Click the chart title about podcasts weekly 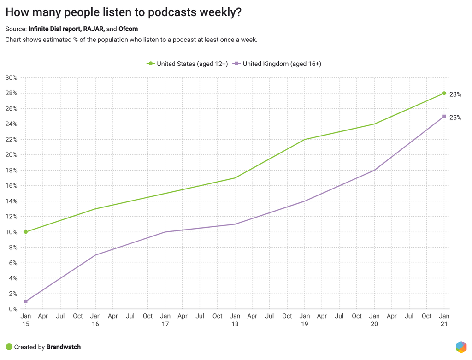click(123, 12)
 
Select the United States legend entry click(188, 64)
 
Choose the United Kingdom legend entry click(277, 64)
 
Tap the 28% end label click(455, 94)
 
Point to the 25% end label click(455, 118)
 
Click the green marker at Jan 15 click(26, 232)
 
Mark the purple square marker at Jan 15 click(26, 301)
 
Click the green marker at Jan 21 click(444, 93)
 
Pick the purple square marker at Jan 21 click(444, 116)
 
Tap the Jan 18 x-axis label click(235, 320)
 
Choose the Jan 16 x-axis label click(95, 320)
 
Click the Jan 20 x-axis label click(374, 320)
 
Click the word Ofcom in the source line click(128, 29)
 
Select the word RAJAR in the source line click(94, 29)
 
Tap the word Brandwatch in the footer click(63, 347)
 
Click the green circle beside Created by click(9, 347)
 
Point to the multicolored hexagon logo click(460, 347)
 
